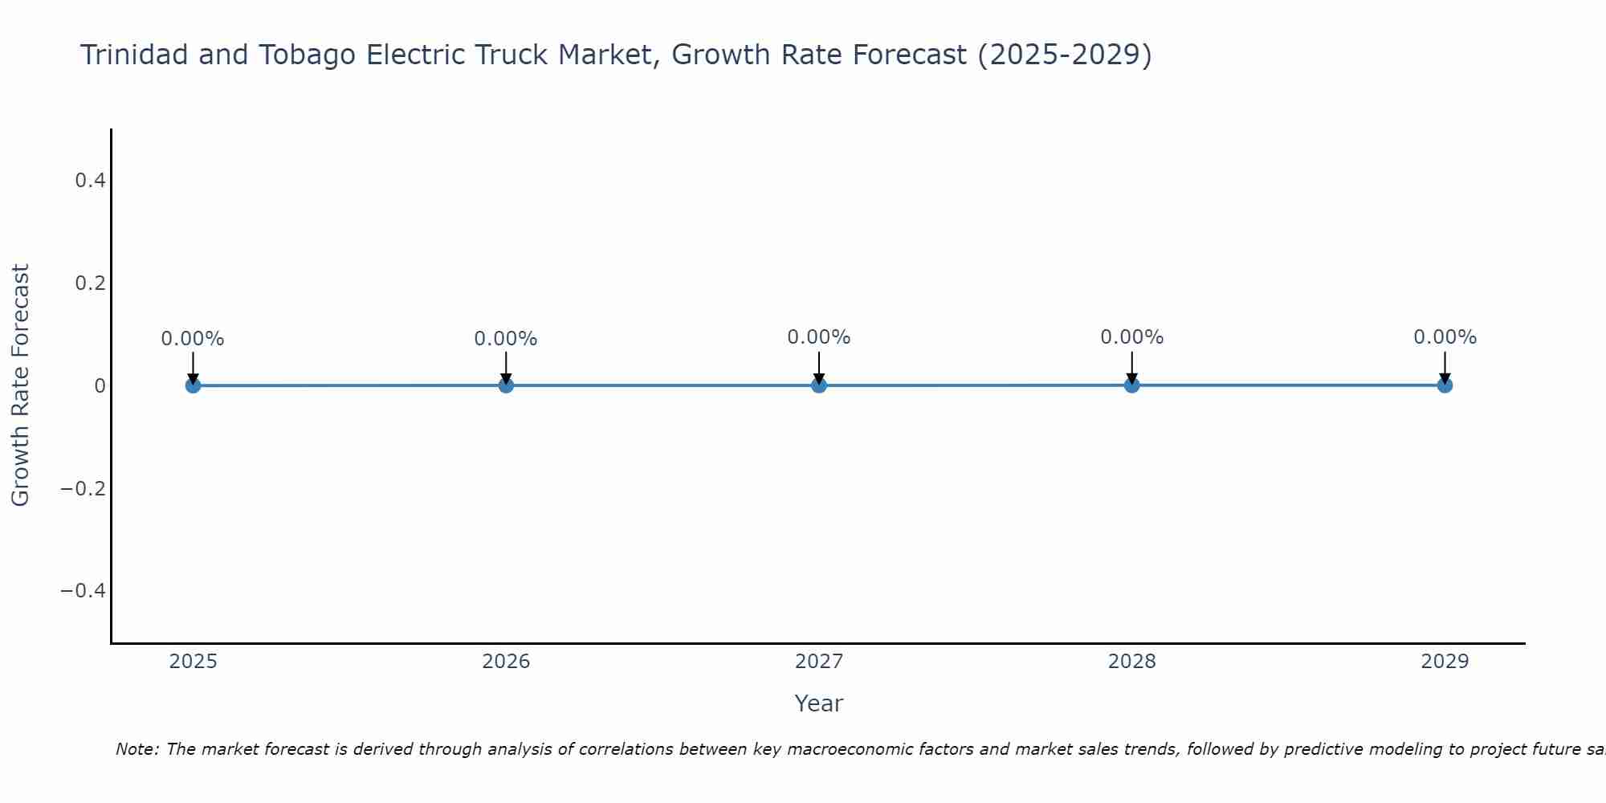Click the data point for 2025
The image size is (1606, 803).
pos(193,385)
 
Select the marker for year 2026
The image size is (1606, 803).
pos(506,385)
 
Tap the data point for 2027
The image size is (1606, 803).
pos(819,385)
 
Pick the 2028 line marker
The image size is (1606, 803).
pos(1131,385)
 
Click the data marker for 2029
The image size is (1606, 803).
pos(1445,385)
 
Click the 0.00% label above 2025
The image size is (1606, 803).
pos(193,339)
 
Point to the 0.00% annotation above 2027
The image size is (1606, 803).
pos(819,337)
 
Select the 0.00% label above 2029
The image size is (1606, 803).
pos(1445,337)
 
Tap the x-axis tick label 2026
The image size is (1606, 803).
pos(506,662)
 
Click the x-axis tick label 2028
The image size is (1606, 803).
pos(1131,662)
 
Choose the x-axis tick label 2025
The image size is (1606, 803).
pos(194,662)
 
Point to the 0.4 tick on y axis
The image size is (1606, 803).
pos(90,181)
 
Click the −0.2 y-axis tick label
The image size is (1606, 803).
pos(84,488)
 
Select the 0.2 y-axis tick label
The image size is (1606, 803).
pos(90,283)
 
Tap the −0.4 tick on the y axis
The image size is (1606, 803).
pos(84,591)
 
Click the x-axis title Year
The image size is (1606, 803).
pos(818,703)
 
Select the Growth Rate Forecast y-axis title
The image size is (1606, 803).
pos(20,385)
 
